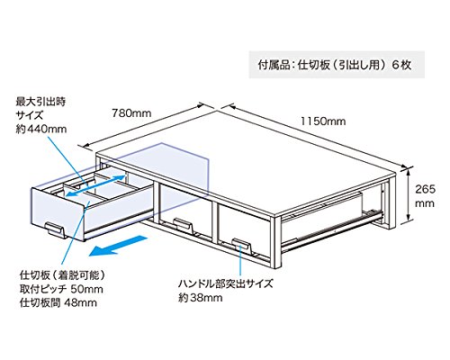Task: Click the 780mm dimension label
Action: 131,113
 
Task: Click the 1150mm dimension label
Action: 323,121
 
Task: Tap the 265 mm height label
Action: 425,196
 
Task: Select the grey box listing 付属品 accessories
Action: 337,65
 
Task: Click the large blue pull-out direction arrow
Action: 118,246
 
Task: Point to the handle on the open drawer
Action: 56,229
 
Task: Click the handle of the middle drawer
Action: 183,225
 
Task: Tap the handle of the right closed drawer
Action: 241,245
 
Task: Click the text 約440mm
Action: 41,129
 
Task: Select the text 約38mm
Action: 201,298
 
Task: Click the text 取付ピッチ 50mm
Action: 61,289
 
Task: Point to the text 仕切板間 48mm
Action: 58,302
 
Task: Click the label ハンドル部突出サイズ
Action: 226,283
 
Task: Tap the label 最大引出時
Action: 40,102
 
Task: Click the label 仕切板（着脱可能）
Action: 63,275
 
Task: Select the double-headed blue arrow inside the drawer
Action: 95,185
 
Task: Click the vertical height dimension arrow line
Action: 409,195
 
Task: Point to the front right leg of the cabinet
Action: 275,243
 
